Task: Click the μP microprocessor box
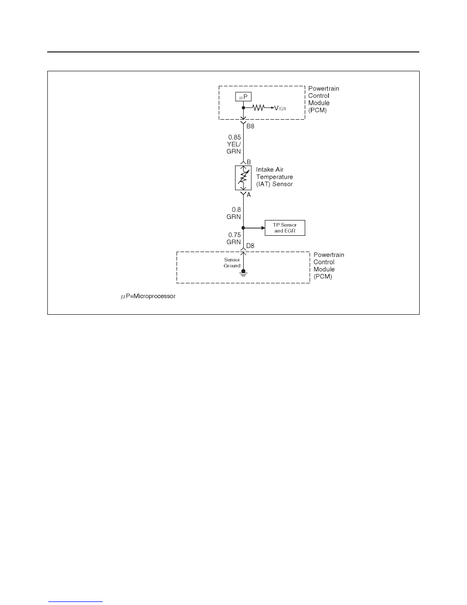[x=243, y=96]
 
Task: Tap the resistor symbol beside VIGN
[x=258, y=108]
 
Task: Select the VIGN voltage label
[x=280, y=108]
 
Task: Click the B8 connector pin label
[x=250, y=126]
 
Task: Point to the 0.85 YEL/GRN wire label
[x=234, y=144]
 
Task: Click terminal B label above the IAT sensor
[x=249, y=162]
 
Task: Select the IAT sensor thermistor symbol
[x=243, y=178]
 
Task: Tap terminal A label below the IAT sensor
[x=249, y=195]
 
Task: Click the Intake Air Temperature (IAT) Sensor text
[x=274, y=177]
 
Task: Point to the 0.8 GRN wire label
[x=234, y=213]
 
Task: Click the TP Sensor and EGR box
[x=285, y=228]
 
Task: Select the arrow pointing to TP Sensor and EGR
[x=254, y=228]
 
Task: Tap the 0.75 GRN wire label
[x=234, y=238]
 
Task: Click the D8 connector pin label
[x=250, y=246]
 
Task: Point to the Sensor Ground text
[x=232, y=263]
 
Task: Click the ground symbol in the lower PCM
[x=243, y=273]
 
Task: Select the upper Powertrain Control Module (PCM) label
[x=324, y=99]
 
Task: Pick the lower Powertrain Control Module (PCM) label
[x=329, y=265]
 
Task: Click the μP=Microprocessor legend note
[x=148, y=296]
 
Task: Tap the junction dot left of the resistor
[x=243, y=107]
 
